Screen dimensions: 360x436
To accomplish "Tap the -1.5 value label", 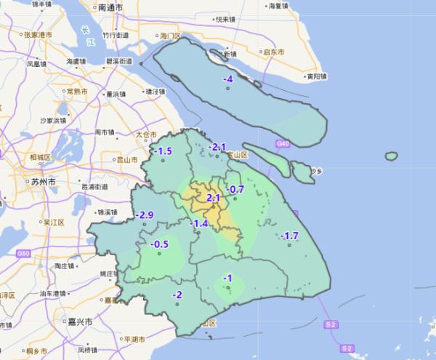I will click(x=164, y=151).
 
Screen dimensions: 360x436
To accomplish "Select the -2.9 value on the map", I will click(x=145, y=215).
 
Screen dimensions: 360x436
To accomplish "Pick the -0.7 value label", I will click(x=235, y=190).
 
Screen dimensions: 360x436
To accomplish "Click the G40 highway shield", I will click(x=283, y=145).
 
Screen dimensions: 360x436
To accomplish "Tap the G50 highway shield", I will click(x=24, y=252).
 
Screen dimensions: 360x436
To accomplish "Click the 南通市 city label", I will click(x=110, y=8).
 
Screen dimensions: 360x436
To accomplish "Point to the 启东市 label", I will click(x=273, y=52).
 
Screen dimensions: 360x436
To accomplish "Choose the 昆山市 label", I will click(x=127, y=159).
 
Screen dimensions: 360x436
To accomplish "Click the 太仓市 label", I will click(x=146, y=135).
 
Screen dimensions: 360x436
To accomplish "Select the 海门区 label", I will click(x=174, y=35).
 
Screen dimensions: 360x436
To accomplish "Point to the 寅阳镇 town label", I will click(x=318, y=76).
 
